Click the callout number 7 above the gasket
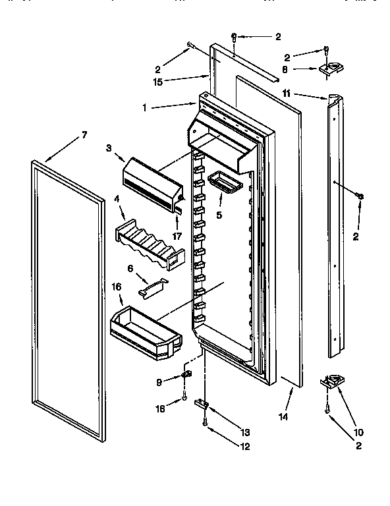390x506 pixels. (x=84, y=135)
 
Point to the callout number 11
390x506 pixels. (x=286, y=94)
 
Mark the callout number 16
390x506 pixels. (x=116, y=287)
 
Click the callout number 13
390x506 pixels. (x=244, y=432)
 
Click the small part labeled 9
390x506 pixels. (x=186, y=376)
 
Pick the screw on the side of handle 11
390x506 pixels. (x=360, y=194)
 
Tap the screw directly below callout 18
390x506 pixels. (x=186, y=395)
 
